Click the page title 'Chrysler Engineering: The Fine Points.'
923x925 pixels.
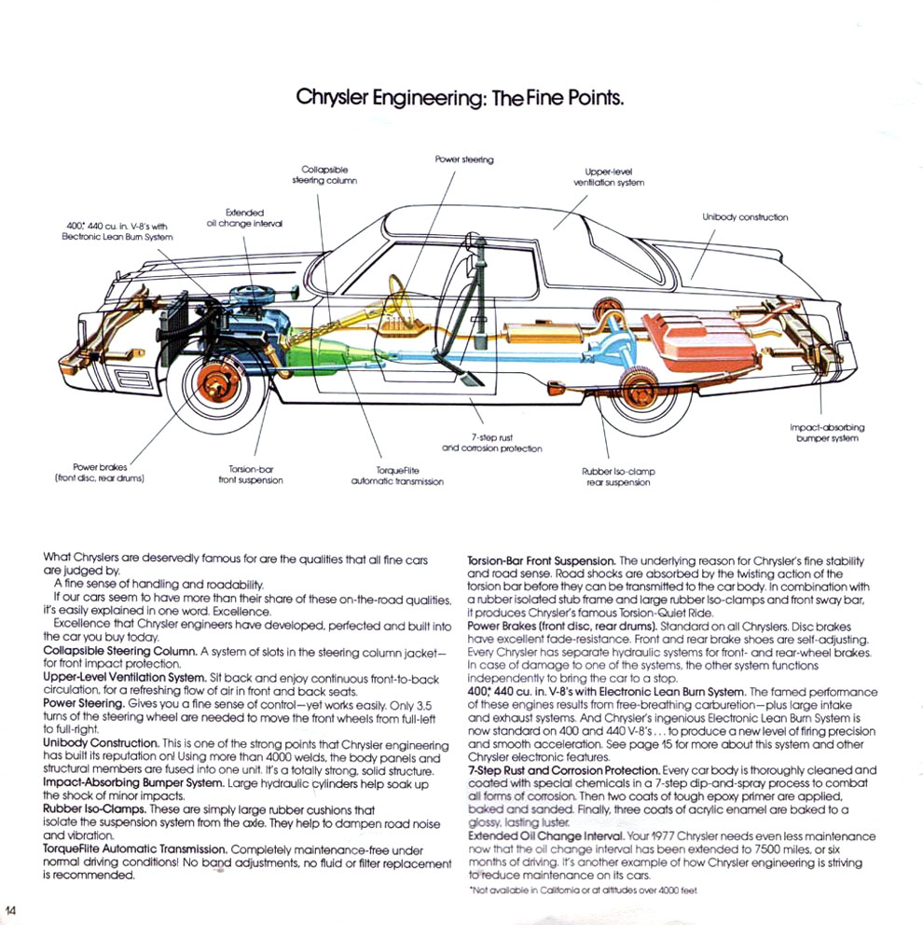click(x=460, y=97)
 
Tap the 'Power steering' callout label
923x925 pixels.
click(x=464, y=159)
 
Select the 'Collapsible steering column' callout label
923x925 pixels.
click(x=324, y=175)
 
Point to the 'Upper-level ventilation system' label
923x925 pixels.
click(x=609, y=177)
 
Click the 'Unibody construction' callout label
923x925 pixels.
click(x=745, y=217)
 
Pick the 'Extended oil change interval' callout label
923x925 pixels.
click(x=244, y=217)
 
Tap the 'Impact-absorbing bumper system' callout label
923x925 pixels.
click(x=827, y=433)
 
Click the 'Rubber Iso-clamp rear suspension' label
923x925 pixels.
click(x=618, y=476)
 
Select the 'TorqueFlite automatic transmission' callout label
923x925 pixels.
click(x=397, y=476)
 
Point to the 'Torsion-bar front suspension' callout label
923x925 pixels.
click(x=251, y=475)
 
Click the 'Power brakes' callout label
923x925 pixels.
click(x=100, y=473)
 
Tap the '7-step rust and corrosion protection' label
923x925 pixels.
click(x=492, y=443)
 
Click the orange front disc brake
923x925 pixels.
click(x=218, y=383)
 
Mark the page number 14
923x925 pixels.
click(x=10, y=910)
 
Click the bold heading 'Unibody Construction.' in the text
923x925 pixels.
click(x=101, y=743)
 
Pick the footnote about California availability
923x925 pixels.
click(x=584, y=890)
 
